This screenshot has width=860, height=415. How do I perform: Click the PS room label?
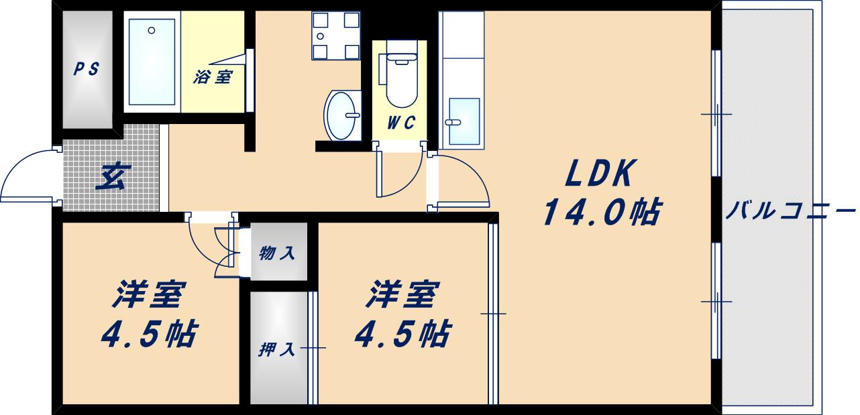[87, 69]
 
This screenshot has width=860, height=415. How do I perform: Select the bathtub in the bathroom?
[152, 62]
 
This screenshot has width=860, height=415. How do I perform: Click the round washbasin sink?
[342, 115]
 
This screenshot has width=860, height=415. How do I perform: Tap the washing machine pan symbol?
[335, 35]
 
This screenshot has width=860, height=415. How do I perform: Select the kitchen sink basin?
[464, 121]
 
